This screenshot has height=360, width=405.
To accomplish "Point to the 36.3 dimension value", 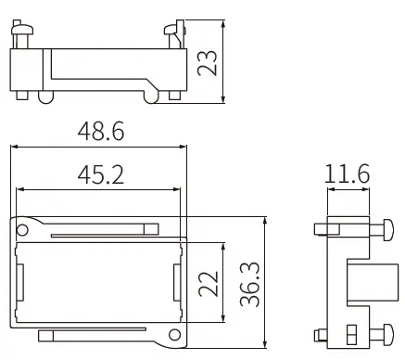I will pos(247,282).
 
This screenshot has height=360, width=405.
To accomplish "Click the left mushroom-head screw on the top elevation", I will pos(22,33).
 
